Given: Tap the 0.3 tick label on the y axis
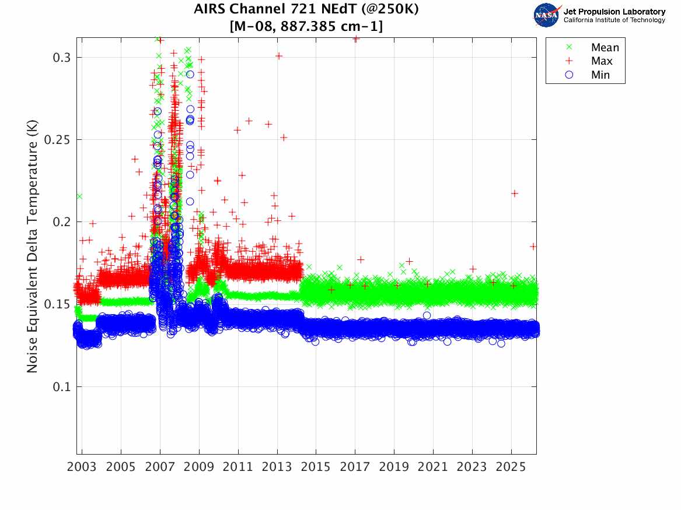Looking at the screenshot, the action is (x=62, y=58).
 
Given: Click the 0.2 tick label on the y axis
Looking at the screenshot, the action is (x=62, y=222).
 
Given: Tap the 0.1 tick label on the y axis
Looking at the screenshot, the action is (x=62, y=386).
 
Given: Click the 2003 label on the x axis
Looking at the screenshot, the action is (x=82, y=467).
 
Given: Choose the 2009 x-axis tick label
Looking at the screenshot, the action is (x=199, y=467).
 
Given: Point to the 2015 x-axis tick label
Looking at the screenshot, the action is (x=316, y=467).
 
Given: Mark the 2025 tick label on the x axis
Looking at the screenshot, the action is (x=511, y=467).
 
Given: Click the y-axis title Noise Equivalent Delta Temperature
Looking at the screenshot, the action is (x=32, y=246).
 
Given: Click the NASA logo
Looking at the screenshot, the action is (x=547, y=15).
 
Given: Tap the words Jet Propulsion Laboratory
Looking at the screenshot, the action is (x=614, y=12).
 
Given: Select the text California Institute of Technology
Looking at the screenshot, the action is (x=614, y=20).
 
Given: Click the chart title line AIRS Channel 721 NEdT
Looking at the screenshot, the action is (x=306, y=9).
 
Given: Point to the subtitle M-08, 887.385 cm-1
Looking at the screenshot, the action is (x=306, y=26).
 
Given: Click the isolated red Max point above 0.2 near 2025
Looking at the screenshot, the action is (x=515, y=194).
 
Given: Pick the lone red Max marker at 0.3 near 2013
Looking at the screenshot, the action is (x=279, y=56).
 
